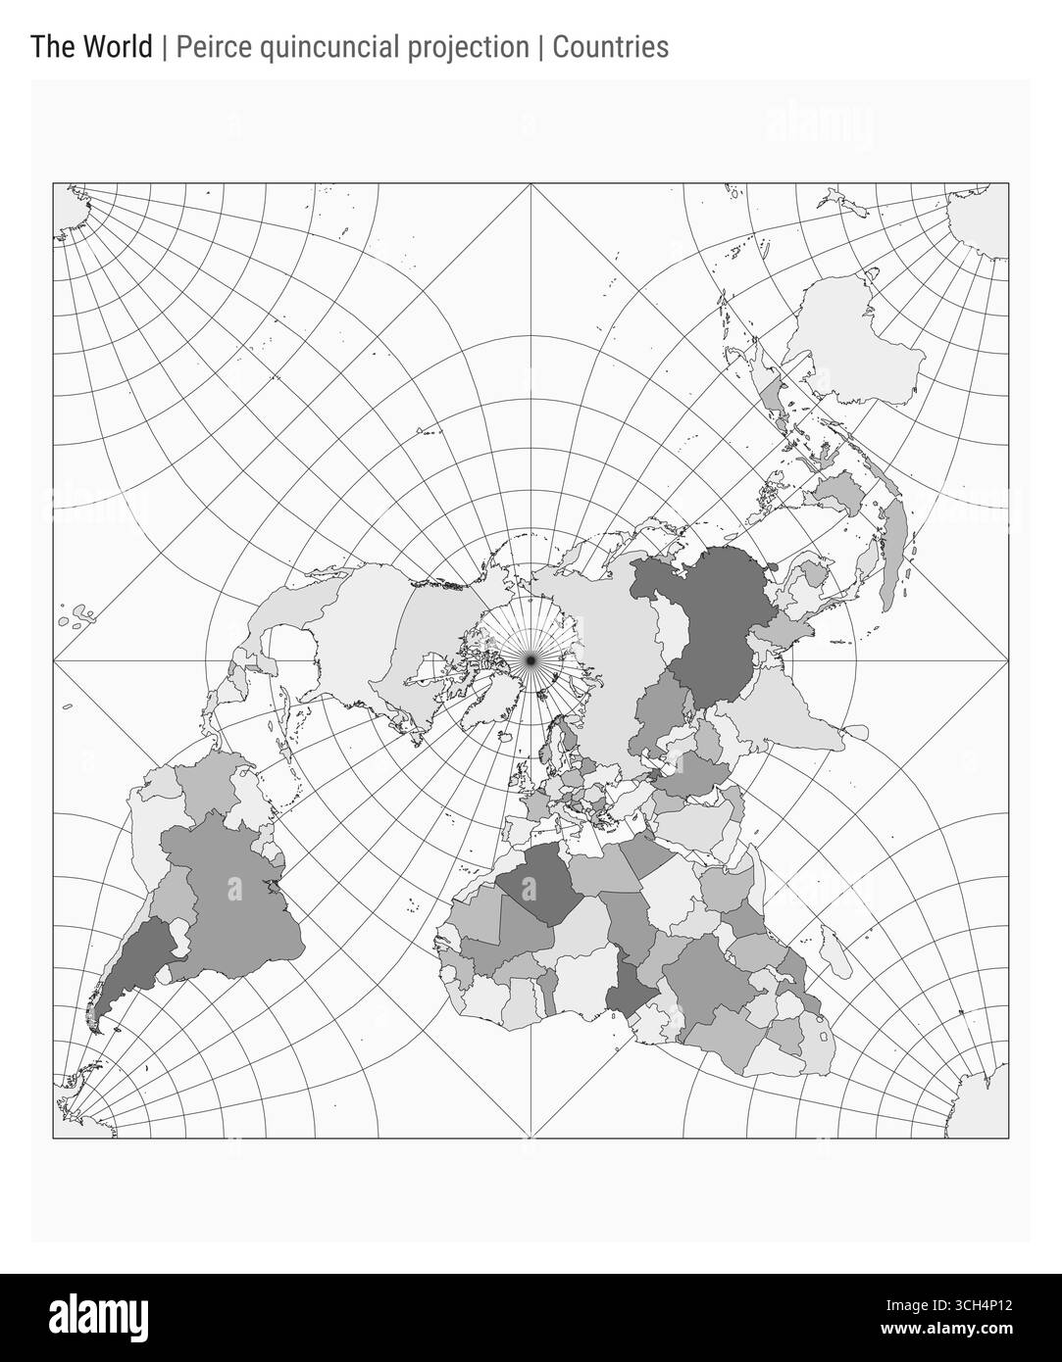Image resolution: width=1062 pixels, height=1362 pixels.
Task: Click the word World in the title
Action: click(x=108, y=47)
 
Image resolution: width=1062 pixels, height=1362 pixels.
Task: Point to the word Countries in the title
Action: click(x=610, y=47)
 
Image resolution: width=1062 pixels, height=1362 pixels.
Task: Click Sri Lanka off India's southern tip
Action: click(x=853, y=731)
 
